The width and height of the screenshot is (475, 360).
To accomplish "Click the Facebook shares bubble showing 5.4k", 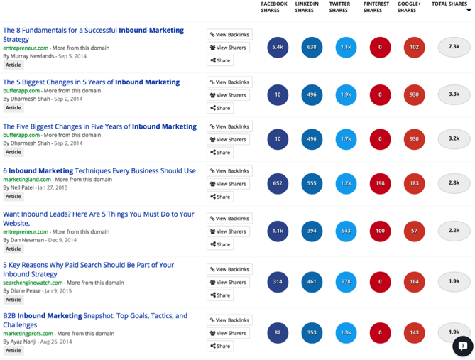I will point(278,48).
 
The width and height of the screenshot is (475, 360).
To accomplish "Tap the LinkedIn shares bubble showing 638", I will point(312,48).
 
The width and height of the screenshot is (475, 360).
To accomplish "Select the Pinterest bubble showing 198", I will point(380,184).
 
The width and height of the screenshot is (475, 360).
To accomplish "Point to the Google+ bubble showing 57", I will point(414,231).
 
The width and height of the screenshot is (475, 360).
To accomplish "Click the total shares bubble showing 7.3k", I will point(454,48).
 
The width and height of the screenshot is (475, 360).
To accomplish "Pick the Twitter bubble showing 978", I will point(346,282).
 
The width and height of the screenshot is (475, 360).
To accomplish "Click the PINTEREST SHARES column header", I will point(376,7).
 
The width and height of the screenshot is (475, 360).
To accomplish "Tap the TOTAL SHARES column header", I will point(449,4).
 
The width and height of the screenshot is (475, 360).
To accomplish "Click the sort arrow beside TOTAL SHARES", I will point(469,10).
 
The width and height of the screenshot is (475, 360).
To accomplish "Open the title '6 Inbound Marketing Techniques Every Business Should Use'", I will point(99,170).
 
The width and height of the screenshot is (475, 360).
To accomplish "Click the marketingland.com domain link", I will point(26,180).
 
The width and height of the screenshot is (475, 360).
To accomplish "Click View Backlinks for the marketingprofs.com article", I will point(229,320).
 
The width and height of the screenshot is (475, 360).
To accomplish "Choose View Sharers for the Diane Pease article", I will point(229,282).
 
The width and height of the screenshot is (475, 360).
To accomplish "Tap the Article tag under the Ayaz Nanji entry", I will point(13,350).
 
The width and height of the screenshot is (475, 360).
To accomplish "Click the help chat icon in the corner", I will point(462,347).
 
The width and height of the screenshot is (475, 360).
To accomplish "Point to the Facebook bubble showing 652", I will point(278,184).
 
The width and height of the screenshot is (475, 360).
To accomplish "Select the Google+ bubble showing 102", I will point(414,48).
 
